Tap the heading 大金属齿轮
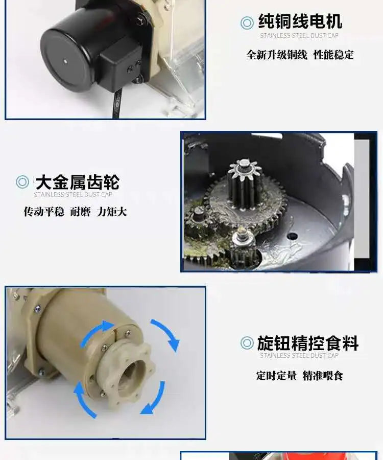pyautogui.click(x=77, y=182)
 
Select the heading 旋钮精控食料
pyautogui.click(x=307, y=343)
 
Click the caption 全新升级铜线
pyautogui.click(x=277, y=55)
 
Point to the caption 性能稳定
pyautogui.click(x=333, y=55)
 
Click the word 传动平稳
pyautogui.click(x=43, y=211)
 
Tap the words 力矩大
pyautogui.click(x=111, y=211)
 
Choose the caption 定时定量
pyautogui.click(x=276, y=376)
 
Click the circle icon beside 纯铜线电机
pyautogui.click(x=247, y=22)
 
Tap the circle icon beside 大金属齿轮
pyautogui.click(x=22, y=182)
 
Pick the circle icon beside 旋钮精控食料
pyautogui.click(x=247, y=343)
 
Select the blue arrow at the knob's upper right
pyautogui.click(x=165, y=335)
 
